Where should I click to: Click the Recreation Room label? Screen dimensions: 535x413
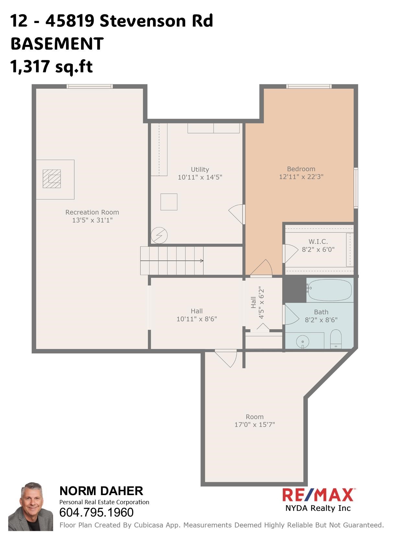pyautogui.click(x=92, y=212)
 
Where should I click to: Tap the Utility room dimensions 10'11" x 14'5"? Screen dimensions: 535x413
pyautogui.click(x=200, y=177)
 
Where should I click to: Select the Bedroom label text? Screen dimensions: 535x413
pyautogui.click(x=301, y=169)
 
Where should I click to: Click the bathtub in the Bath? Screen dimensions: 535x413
pyautogui.click(x=329, y=290)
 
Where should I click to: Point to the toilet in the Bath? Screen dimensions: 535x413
pyautogui.click(x=336, y=339)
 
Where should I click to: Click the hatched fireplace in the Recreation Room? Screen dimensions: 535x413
pyautogui.click(x=52, y=179)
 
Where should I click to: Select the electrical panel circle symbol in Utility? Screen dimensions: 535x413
pyautogui.click(x=159, y=235)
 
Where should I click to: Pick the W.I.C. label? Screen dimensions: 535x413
pyautogui.click(x=318, y=242)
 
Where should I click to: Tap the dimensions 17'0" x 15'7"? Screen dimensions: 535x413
pyautogui.click(x=255, y=425)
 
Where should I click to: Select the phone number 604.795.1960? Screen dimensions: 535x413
pyautogui.click(x=97, y=512)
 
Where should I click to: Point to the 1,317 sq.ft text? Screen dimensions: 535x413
pyautogui.click(x=52, y=66)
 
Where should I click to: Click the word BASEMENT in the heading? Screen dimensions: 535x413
pyautogui.click(x=57, y=44)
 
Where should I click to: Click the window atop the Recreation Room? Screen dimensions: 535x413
pyautogui.click(x=90, y=86)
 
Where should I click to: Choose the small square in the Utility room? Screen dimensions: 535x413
pyautogui.click(x=169, y=202)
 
